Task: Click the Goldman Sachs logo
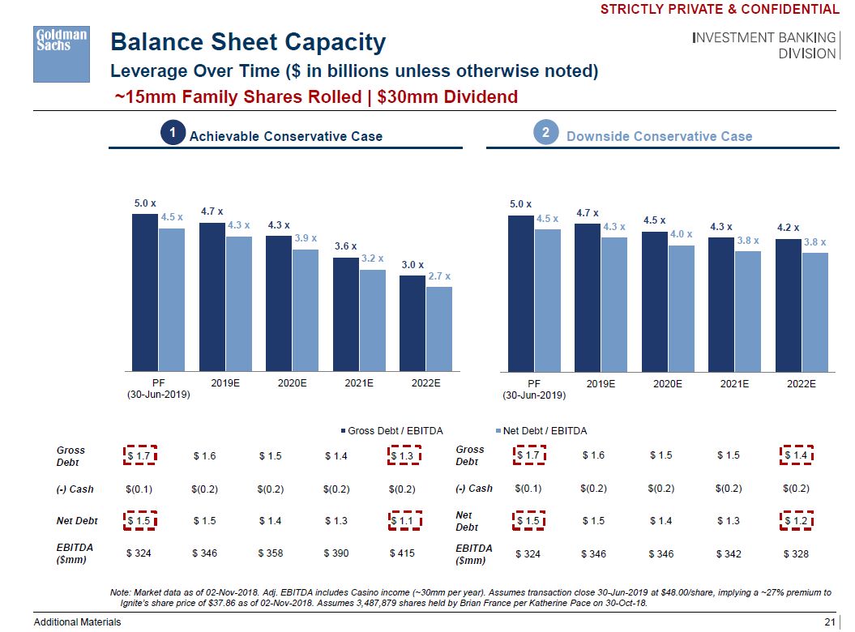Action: [61, 53]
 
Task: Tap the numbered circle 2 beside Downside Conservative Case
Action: [546, 135]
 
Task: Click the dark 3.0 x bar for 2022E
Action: [412, 322]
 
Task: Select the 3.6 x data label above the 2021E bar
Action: [345, 246]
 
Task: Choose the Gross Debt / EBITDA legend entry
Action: [395, 430]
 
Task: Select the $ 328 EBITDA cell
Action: [796, 554]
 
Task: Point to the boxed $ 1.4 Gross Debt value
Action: [796, 456]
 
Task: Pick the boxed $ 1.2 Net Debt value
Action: [796, 521]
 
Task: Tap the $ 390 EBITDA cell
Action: [336, 553]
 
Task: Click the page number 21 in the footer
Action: [828, 621]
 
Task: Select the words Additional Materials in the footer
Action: [77, 621]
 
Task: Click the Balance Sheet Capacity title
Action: [248, 42]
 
